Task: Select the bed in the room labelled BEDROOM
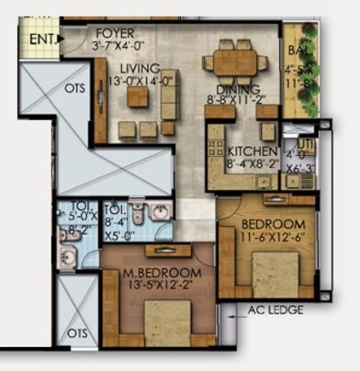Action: click(276, 271)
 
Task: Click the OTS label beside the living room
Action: click(75, 88)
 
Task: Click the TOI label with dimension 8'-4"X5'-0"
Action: click(116, 208)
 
